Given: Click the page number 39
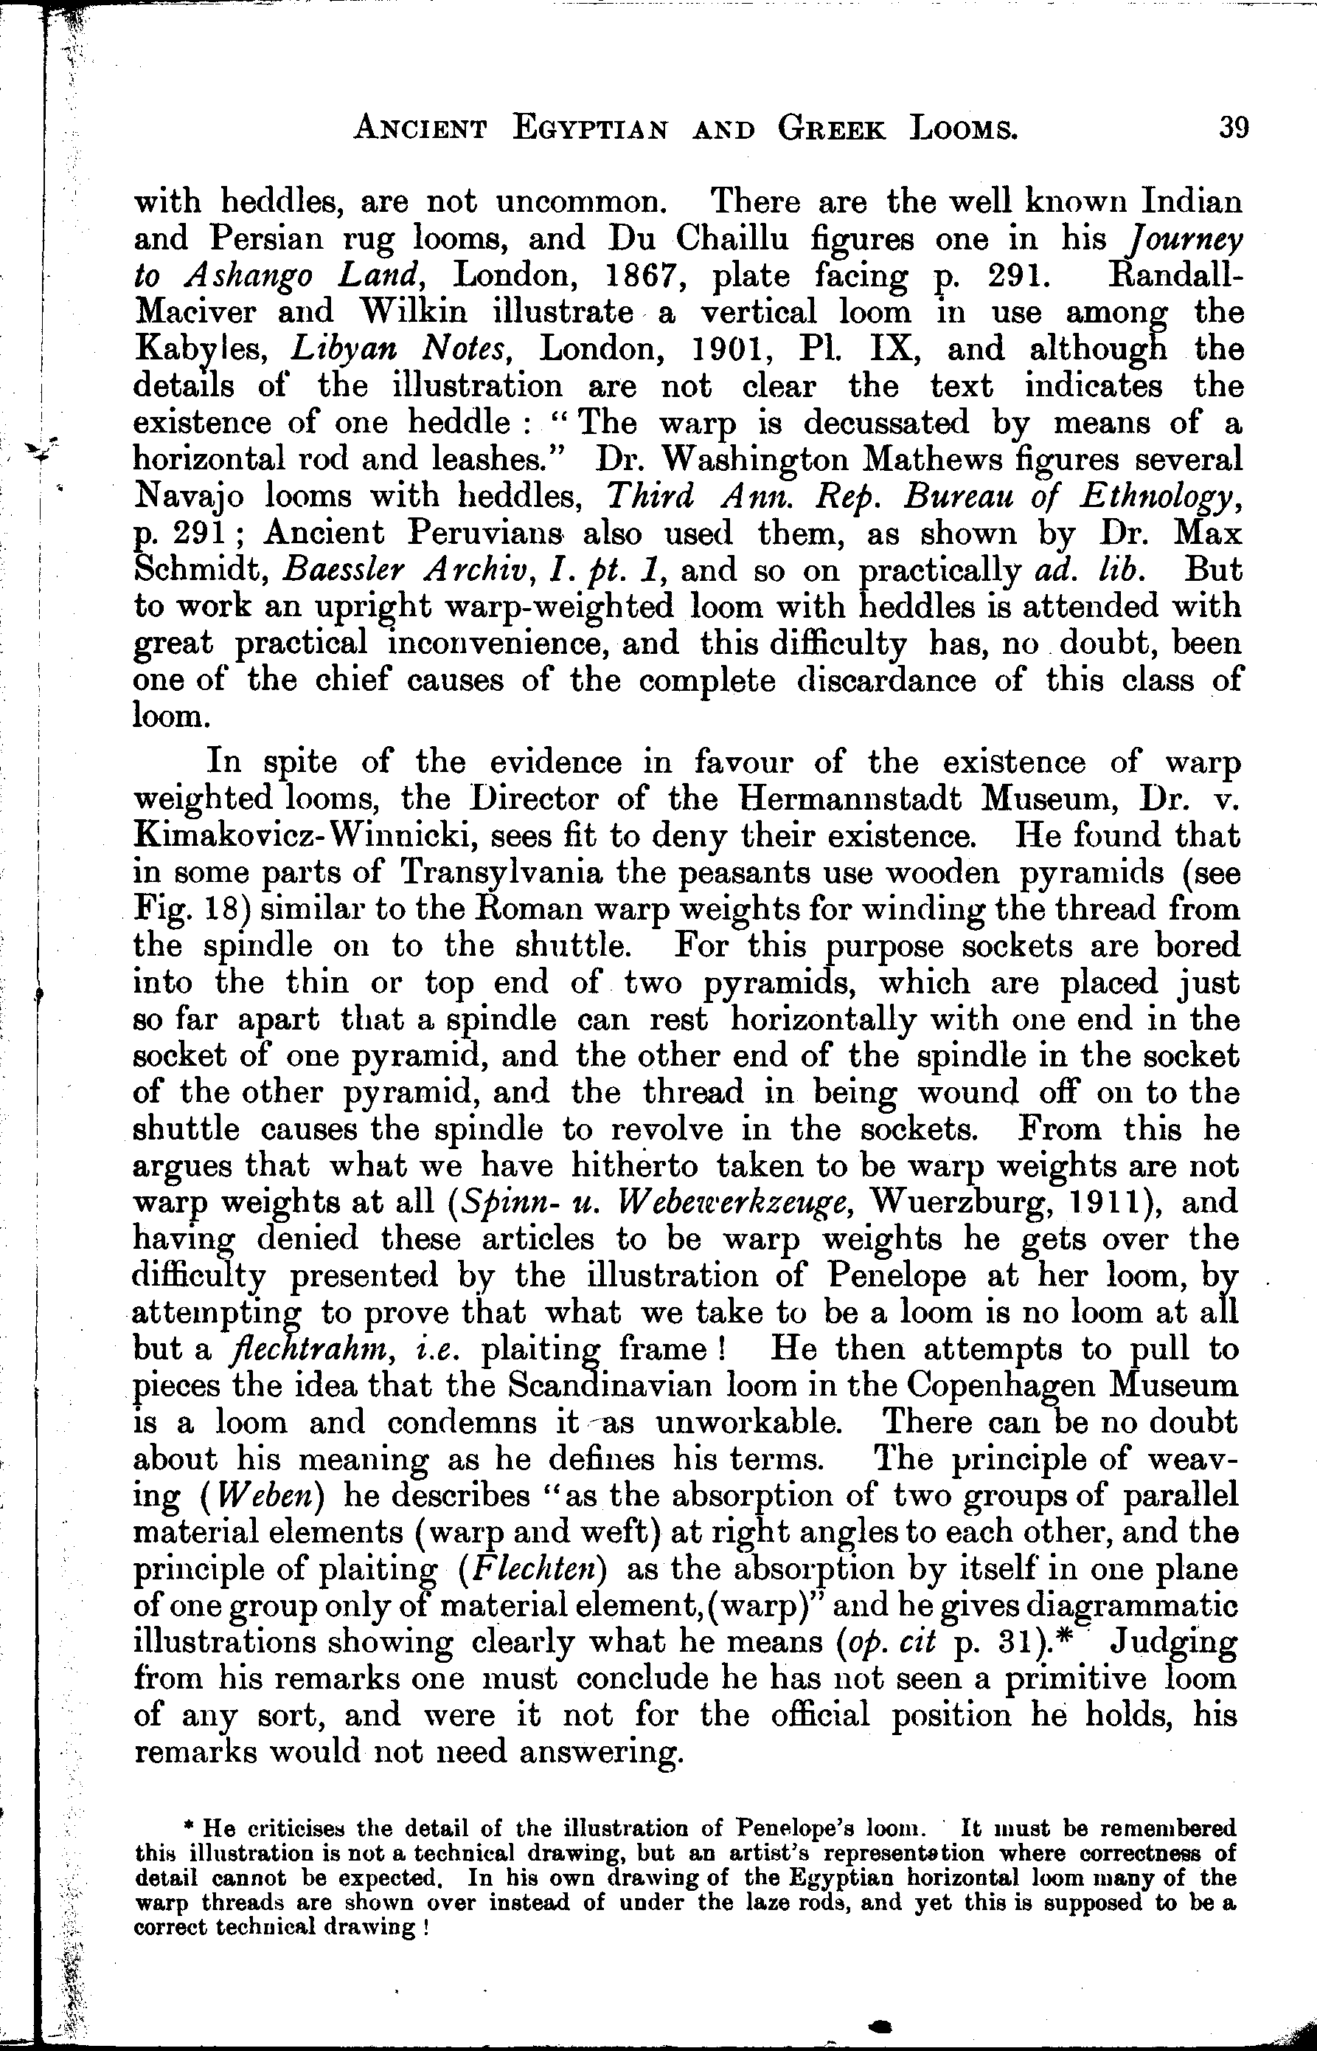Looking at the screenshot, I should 1234,128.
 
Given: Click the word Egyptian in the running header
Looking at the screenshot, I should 590,129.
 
